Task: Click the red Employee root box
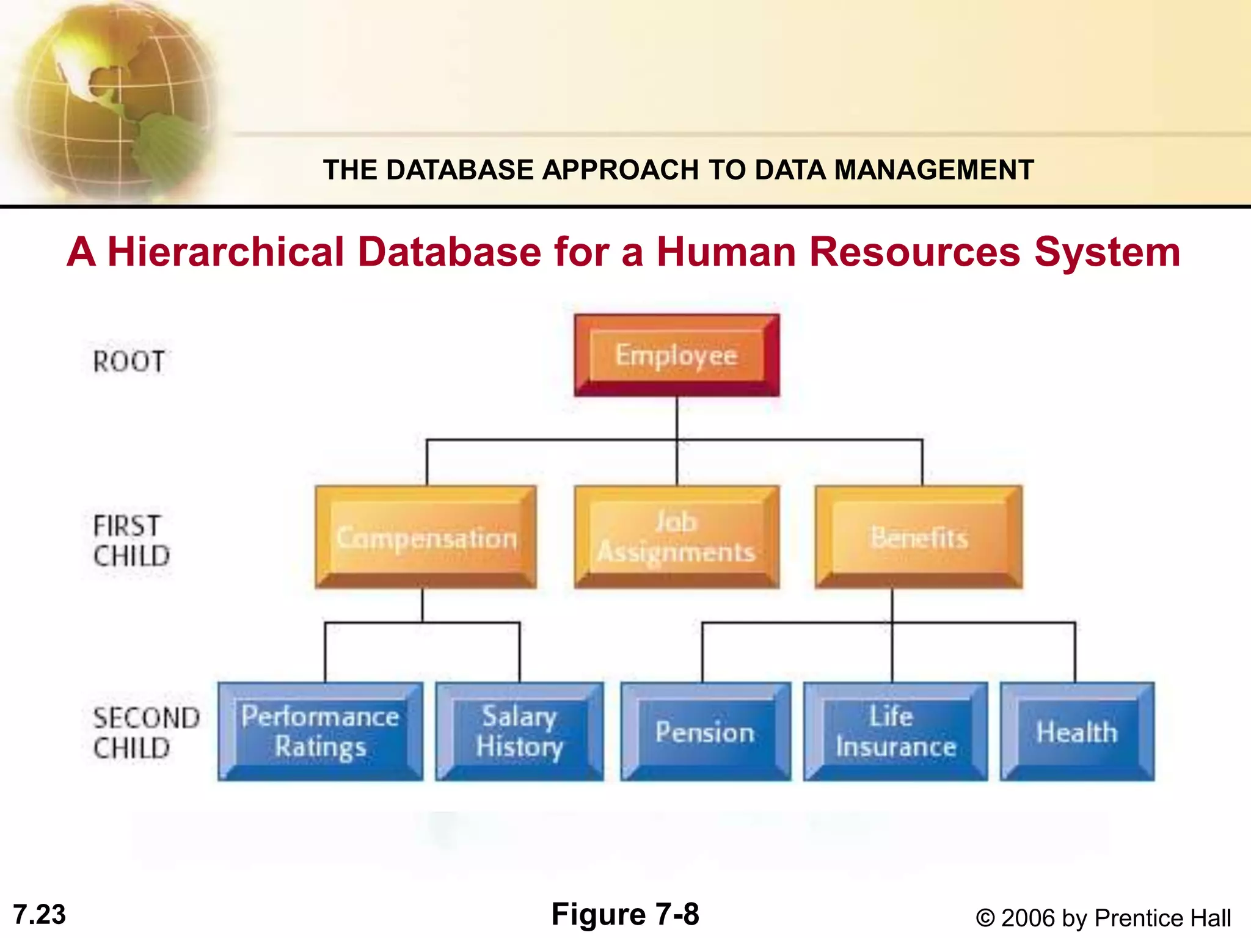[x=676, y=355]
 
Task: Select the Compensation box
[x=426, y=537]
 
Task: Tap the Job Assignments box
[x=676, y=537]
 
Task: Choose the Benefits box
[x=919, y=537]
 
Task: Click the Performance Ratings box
[x=320, y=731]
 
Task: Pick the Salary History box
[x=519, y=731]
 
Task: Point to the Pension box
[x=705, y=732]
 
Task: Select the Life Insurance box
[x=895, y=731]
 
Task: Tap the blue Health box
[x=1077, y=732]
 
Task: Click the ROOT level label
[x=129, y=362]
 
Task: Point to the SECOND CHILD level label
[x=145, y=733]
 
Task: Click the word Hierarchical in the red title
[x=225, y=252]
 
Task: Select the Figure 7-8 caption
[x=625, y=914]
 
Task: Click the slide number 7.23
[x=39, y=915]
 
